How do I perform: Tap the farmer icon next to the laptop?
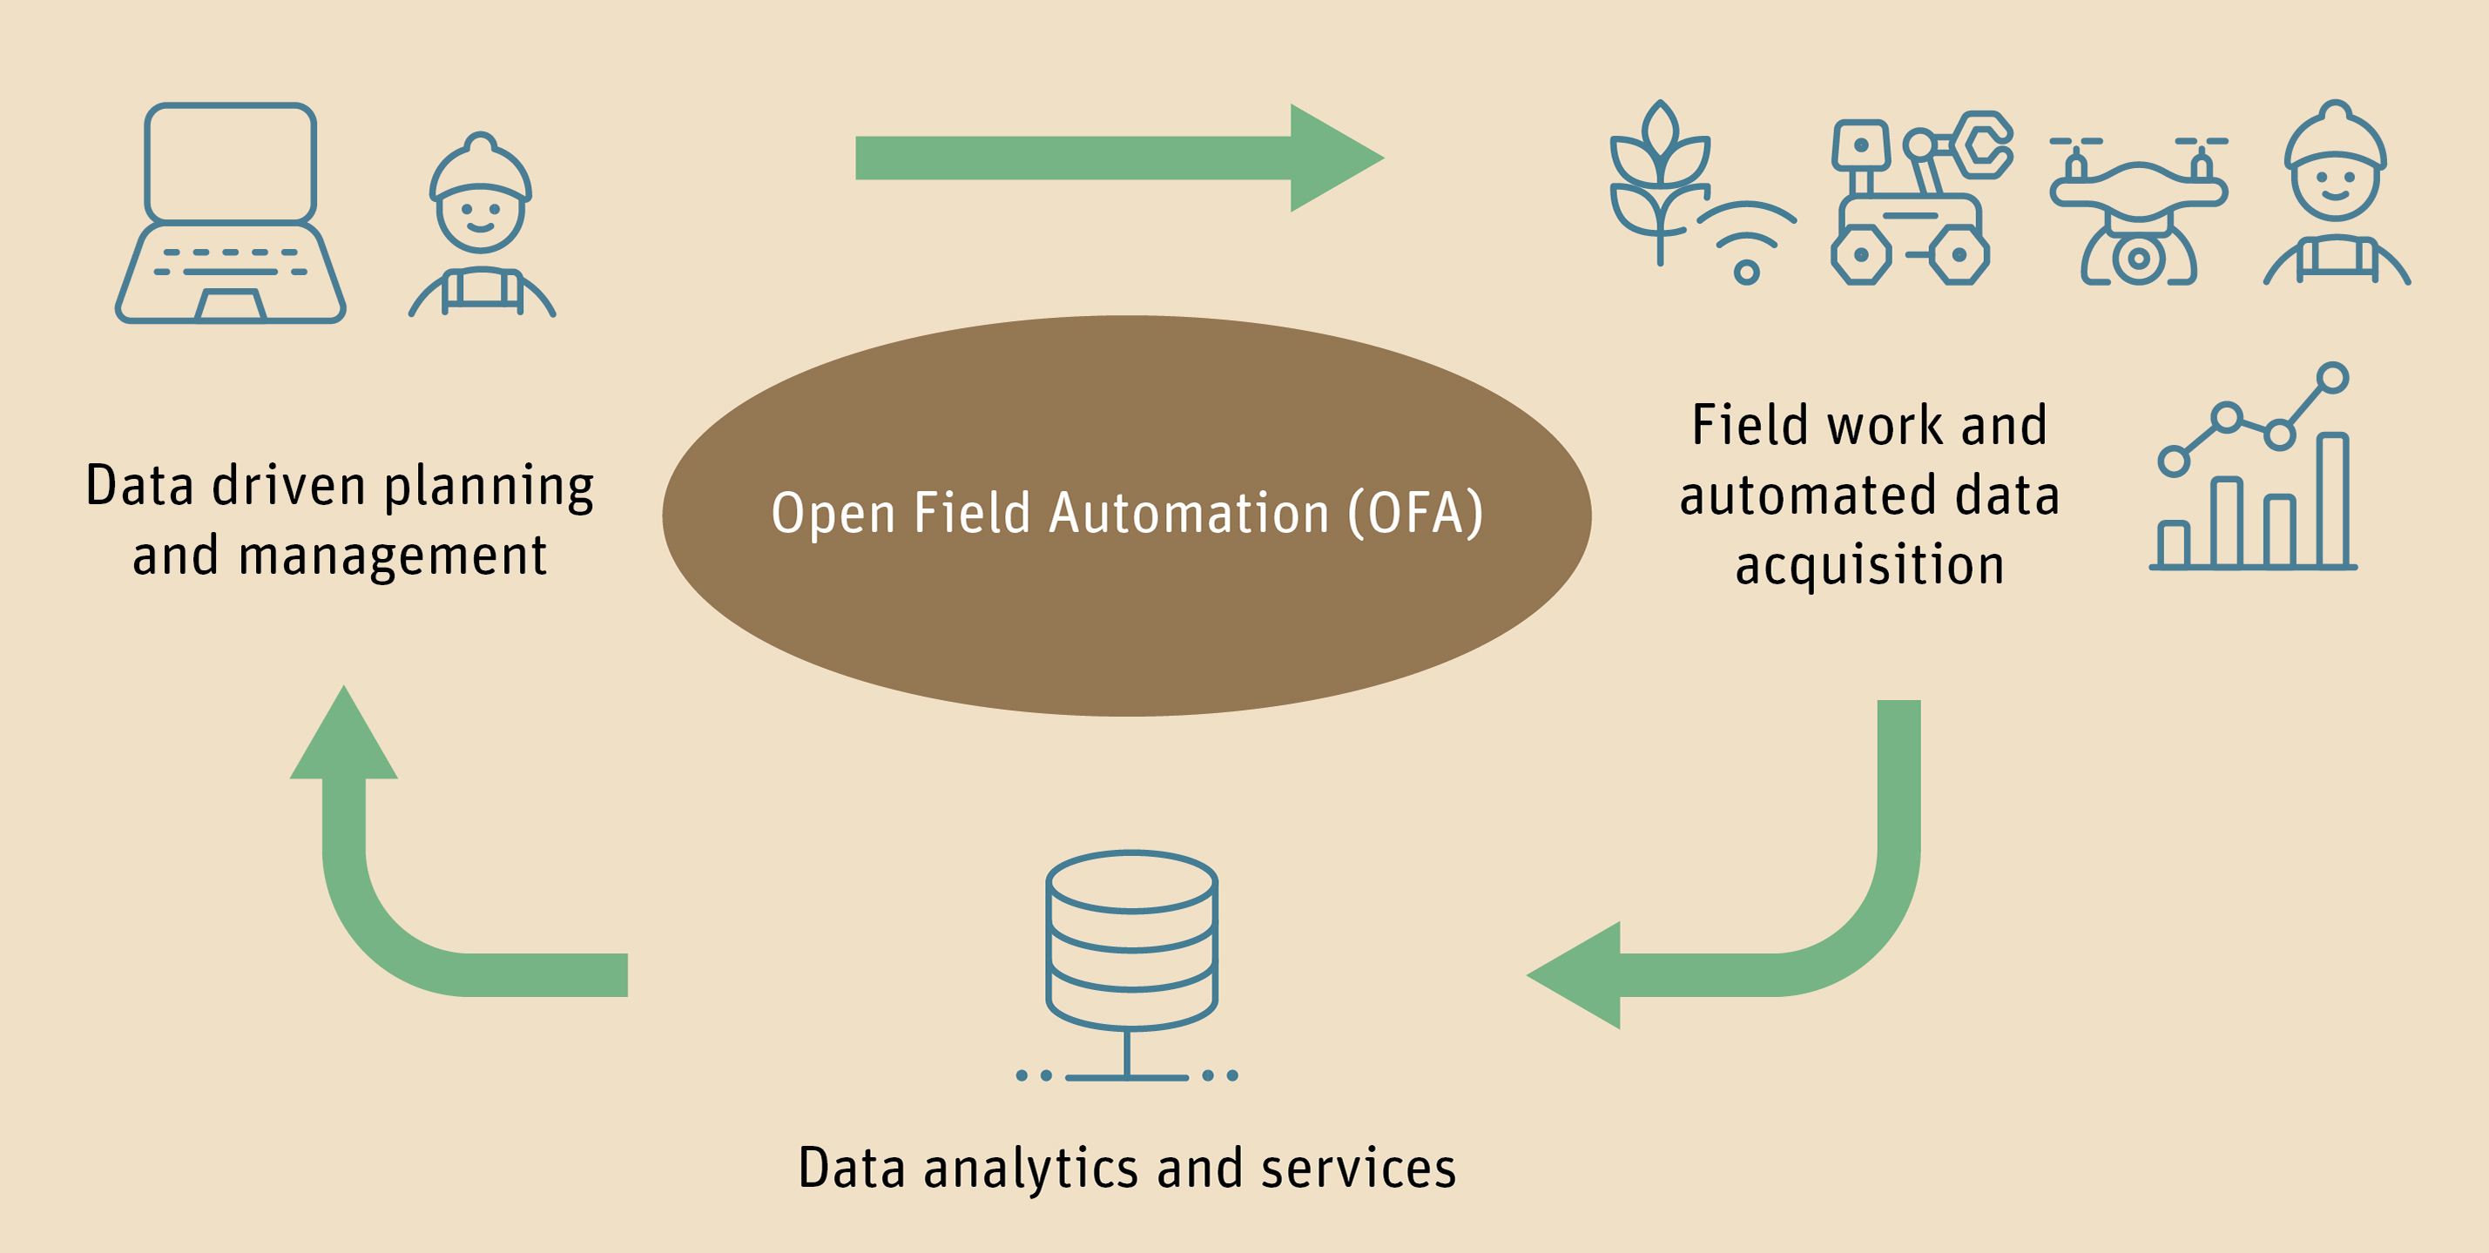pyautogui.click(x=480, y=227)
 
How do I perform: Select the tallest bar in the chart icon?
pyautogui.click(x=2333, y=501)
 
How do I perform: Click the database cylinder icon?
pyautogui.click(x=1130, y=942)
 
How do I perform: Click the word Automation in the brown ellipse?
pyautogui.click(x=1190, y=513)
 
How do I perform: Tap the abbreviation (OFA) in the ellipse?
pyautogui.click(x=1415, y=513)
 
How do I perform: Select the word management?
pyautogui.click(x=392, y=557)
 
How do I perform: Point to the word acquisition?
pyautogui.click(x=1870, y=565)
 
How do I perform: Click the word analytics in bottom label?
pyautogui.click(x=1031, y=1169)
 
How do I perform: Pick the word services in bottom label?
pyautogui.click(x=1358, y=1169)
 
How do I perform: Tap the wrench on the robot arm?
pyautogui.click(x=1983, y=145)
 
